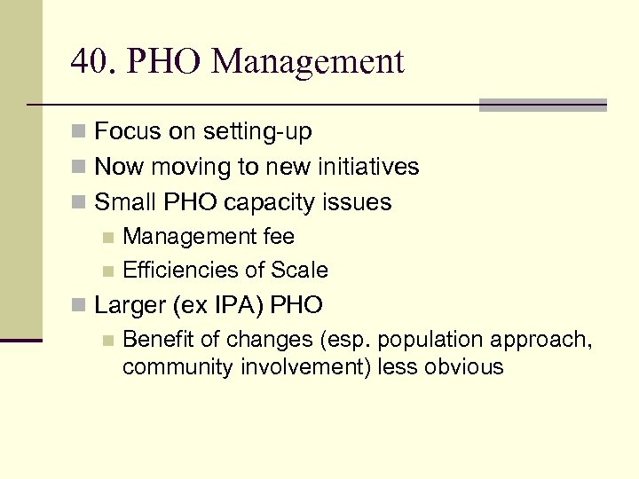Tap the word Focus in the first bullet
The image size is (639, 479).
126,132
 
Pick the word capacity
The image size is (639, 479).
268,202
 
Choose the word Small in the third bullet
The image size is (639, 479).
125,201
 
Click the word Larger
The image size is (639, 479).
131,305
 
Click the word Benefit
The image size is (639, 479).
157,339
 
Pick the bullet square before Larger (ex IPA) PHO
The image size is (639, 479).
80,306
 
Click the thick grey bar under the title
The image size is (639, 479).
542,105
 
